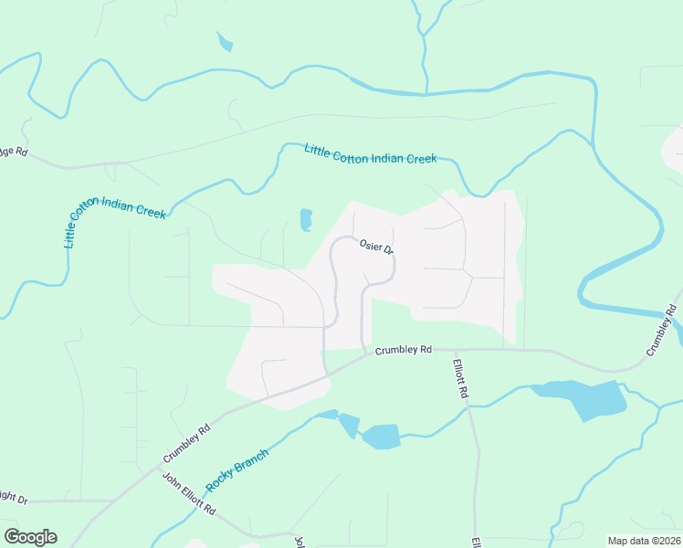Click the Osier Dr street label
tap(376, 247)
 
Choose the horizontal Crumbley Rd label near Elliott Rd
tap(403, 350)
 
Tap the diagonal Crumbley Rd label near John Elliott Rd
tap(187, 442)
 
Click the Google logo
tap(30, 537)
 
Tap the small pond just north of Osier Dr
tap(306, 219)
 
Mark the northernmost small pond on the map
tap(224, 41)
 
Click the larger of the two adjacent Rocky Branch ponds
tap(382, 436)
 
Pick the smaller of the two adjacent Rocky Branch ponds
tap(349, 425)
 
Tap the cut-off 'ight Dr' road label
tap(13, 498)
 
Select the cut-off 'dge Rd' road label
tap(14, 151)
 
